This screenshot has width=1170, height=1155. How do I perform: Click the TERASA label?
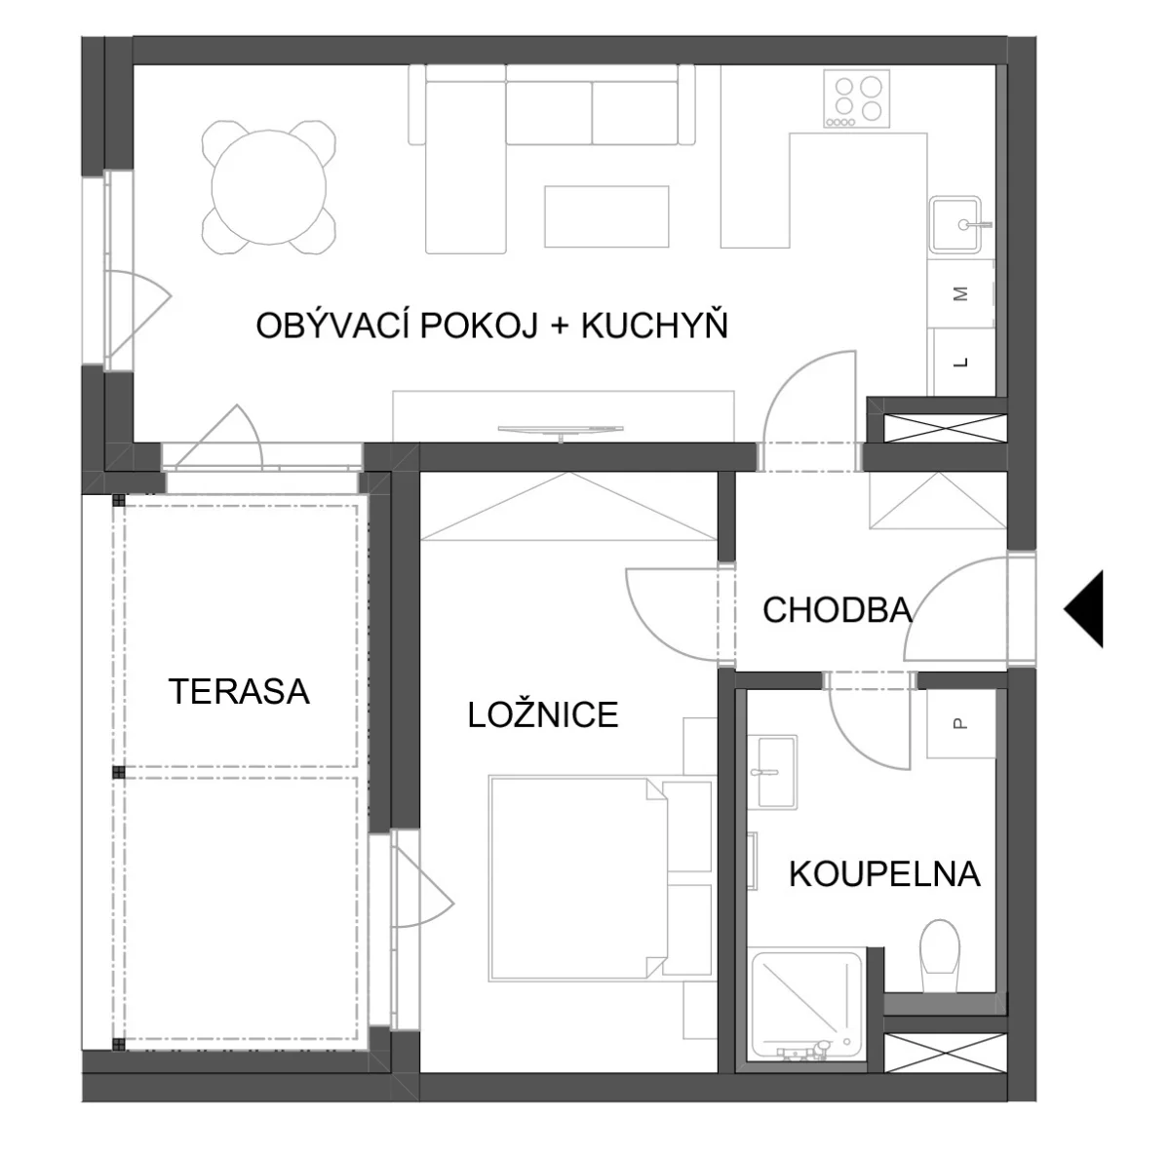(239, 692)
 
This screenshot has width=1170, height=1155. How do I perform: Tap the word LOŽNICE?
(543, 714)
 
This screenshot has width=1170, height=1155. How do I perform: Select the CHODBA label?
(838, 610)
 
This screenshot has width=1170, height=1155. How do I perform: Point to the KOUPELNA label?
(884, 874)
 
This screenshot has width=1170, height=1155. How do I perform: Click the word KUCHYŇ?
(654, 326)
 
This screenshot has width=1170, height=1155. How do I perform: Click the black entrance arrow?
(1084, 609)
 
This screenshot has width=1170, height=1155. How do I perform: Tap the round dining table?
(268, 188)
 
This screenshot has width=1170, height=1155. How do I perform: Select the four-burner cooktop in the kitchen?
(857, 98)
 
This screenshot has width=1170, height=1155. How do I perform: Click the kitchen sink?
(956, 224)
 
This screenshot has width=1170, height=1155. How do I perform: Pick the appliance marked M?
(960, 294)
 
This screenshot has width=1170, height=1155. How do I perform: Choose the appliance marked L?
(961, 363)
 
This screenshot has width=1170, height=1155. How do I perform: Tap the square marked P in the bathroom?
(960, 723)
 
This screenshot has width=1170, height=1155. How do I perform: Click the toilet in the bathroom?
(939, 955)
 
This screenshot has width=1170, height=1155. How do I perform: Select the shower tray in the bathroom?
(807, 1008)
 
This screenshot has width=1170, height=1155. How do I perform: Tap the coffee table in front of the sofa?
(606, 216)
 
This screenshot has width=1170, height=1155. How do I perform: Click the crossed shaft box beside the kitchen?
(946, 428)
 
